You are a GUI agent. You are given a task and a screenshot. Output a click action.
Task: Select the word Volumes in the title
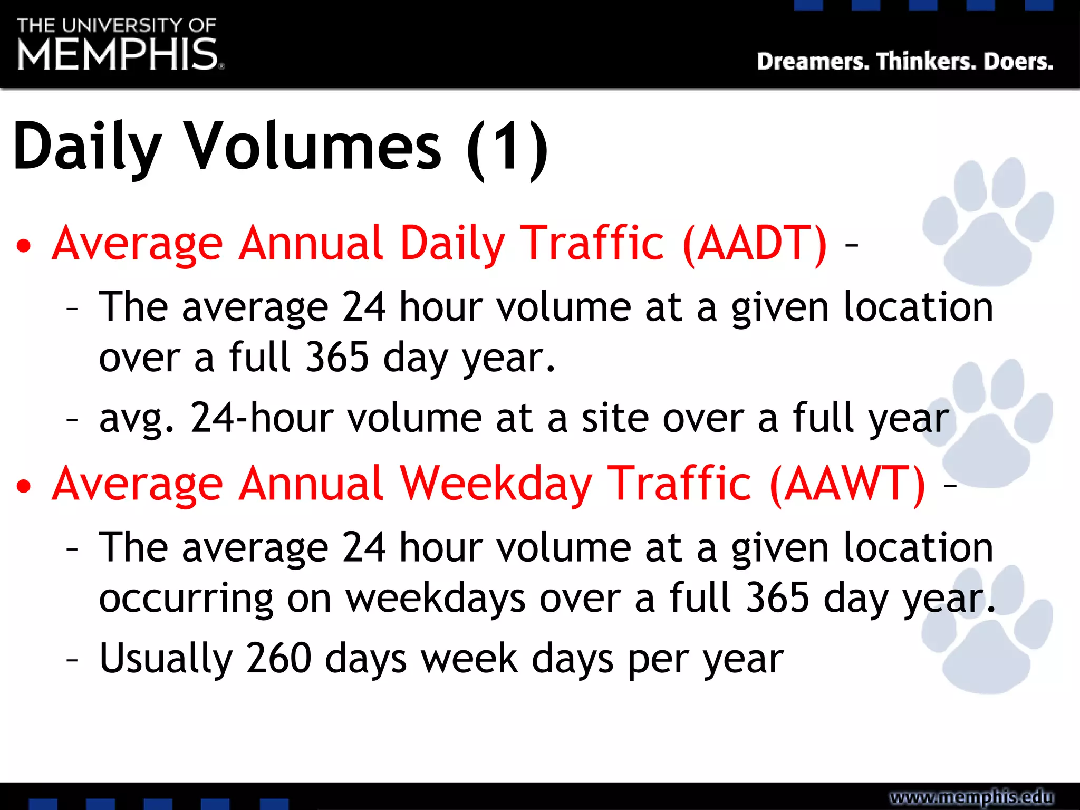pyautogui.click(x=314, y=146)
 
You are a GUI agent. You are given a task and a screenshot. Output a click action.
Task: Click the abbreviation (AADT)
pyautogui.click(x=755, y=244)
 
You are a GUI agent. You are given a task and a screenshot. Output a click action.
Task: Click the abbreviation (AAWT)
pyautogui.click(x=847, y=484)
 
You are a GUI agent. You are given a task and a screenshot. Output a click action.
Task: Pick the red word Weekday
pyautogui.click(x=496, y=484)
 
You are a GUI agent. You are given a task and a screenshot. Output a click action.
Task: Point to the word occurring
pyautogui.click(x=186, y=600)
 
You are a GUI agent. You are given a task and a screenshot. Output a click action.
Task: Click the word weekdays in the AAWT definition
pyautogui.click(x=436, y=599)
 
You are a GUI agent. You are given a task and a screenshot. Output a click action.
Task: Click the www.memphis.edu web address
pyautogui.click(x=971, y=797)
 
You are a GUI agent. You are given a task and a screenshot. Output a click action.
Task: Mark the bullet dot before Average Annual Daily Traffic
pyautogui.click(x=24, y=246)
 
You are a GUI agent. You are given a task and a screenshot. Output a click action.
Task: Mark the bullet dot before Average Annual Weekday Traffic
pyautogui.click(x=24, y=487)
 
